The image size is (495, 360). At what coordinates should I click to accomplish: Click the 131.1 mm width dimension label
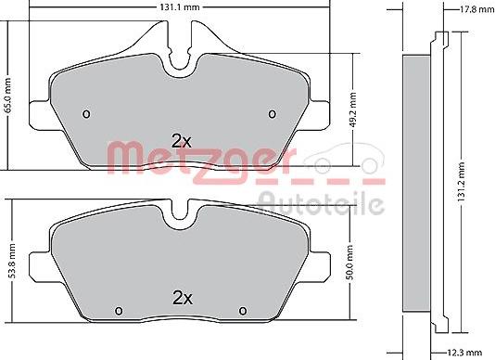coord(180,6)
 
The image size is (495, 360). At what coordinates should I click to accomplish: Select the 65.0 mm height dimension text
coord(7,96)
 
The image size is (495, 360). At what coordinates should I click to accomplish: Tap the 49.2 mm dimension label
coord(353,109)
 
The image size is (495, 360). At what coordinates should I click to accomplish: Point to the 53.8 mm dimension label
coord(12,261)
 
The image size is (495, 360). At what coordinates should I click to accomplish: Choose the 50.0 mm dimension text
coord(349,263)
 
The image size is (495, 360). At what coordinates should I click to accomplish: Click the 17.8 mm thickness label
coord(476,9)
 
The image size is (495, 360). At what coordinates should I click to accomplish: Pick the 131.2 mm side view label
coord(462,182)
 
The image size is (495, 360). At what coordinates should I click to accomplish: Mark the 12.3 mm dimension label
coord(464,353)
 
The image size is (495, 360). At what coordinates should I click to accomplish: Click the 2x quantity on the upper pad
coord(181,141)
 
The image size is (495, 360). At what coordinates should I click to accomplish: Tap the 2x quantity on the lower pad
coord(183,298)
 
